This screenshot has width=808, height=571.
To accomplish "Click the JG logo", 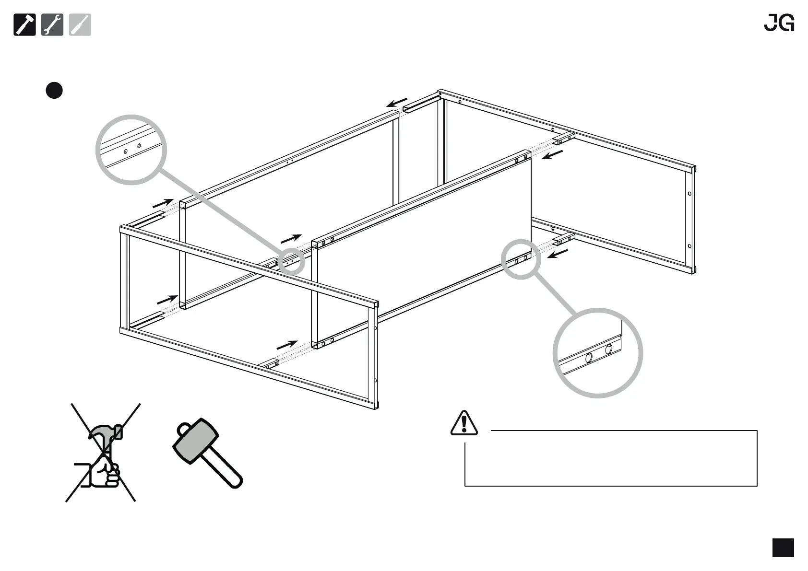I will click(x=779, y=23).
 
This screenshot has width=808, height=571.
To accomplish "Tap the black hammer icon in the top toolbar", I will click(x=24, y=25).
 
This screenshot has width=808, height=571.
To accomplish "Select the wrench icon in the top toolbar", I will click(x=52, y=25).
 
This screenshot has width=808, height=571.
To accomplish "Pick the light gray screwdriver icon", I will click(x=80, y=25).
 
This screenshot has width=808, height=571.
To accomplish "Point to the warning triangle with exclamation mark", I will click(x=464, y=423).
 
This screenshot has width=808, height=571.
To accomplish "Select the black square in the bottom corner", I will click(x=783, y=548).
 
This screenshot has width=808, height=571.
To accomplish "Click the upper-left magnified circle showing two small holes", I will click(x=131, y=150).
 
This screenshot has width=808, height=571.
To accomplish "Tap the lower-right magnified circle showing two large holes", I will click(x=598, y=353).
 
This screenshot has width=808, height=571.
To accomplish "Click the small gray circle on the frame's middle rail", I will click(x=290, y=261).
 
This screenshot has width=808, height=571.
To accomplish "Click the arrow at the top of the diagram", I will click(x=397, y=103).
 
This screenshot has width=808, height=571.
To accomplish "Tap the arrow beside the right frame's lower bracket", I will click(x=558, y=253).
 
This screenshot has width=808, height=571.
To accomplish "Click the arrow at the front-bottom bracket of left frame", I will click(x=287, y=345).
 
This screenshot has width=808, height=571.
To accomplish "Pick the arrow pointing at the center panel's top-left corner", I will click(x=291, y=238).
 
